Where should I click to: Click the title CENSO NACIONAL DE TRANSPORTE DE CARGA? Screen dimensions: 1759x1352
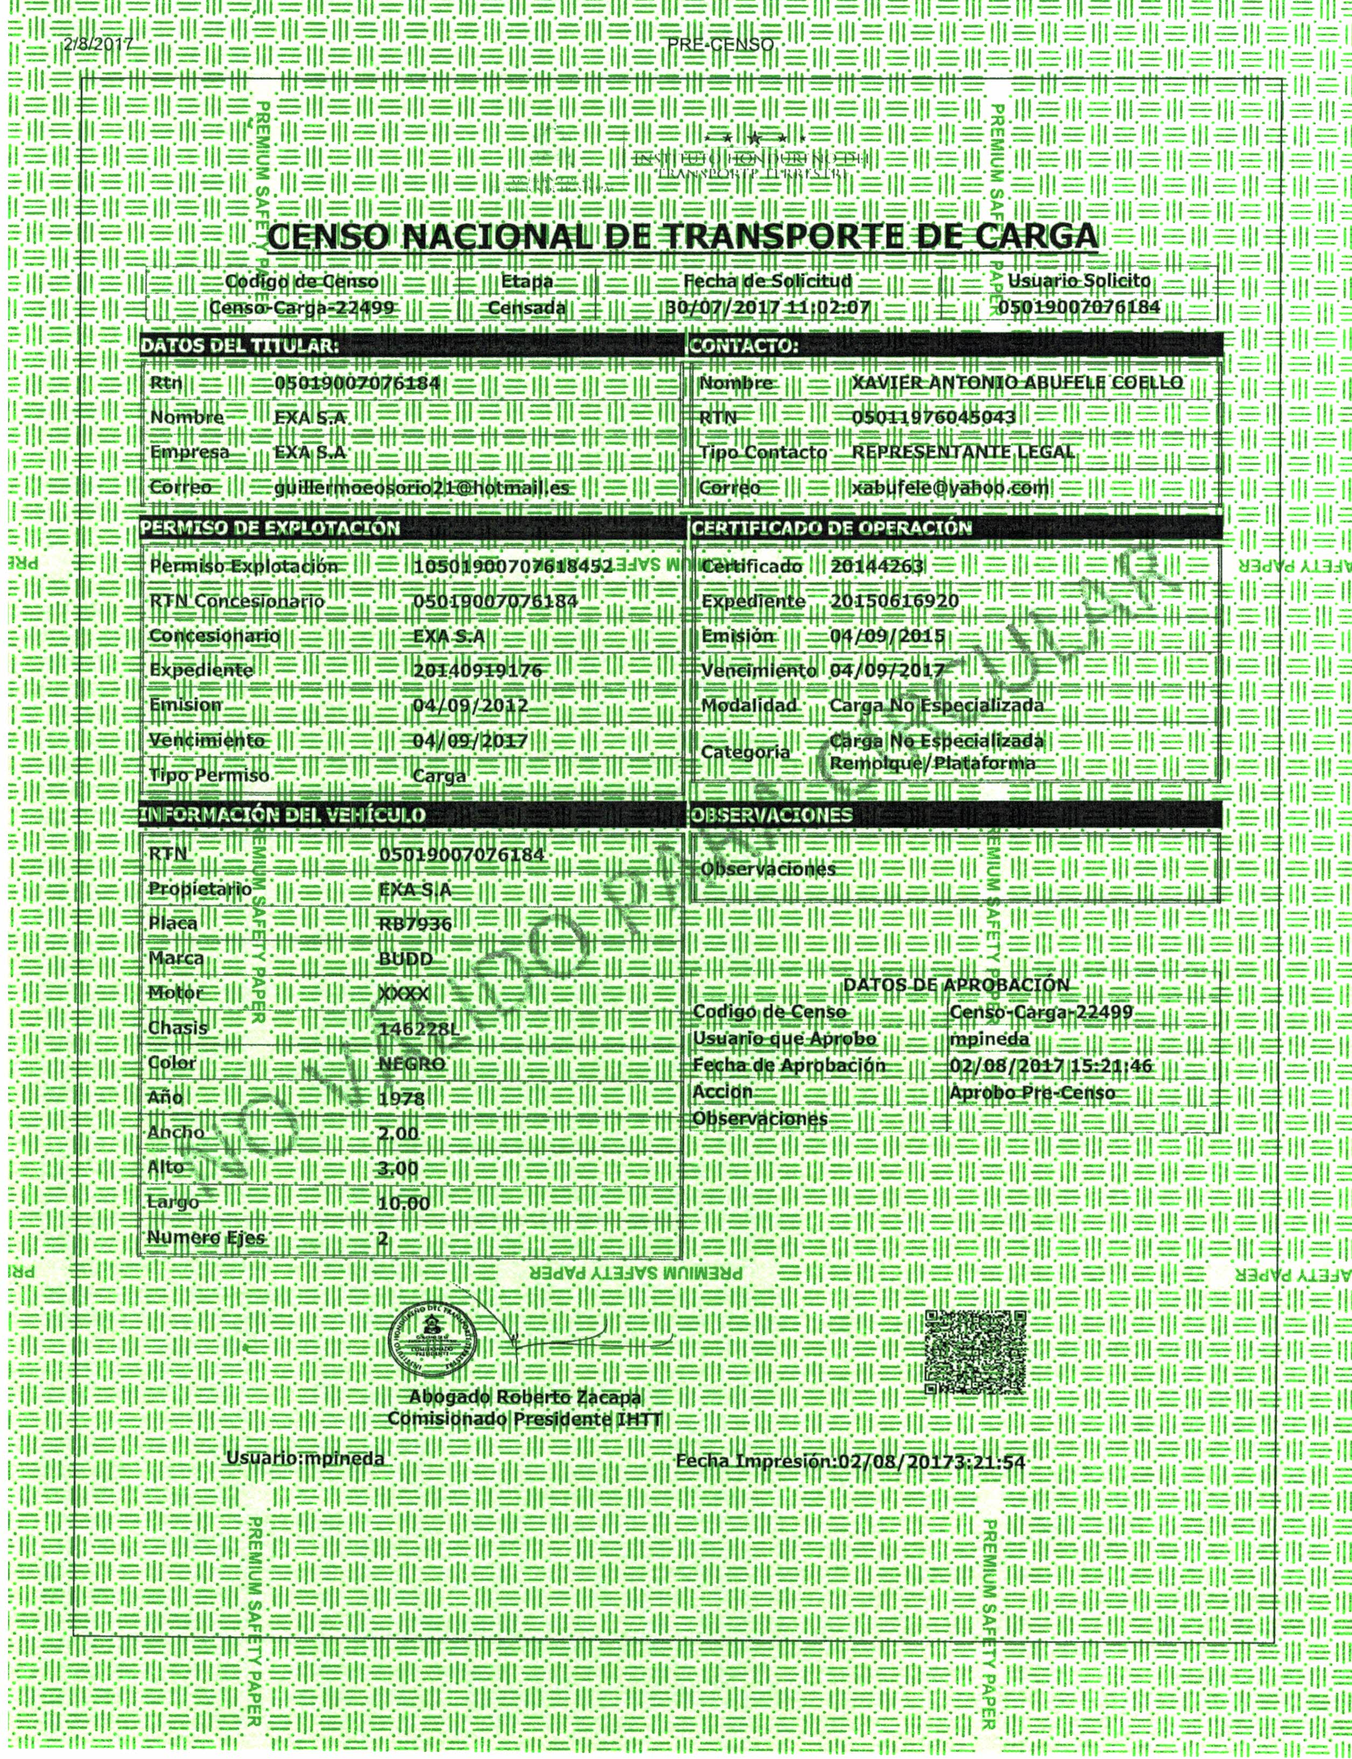click(682, 236)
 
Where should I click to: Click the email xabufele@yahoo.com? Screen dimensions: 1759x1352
click(950, 487)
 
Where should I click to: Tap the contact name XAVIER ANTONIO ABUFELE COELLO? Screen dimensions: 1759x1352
click(1017, 383)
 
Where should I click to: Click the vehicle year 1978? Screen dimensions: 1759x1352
click(401, 1098)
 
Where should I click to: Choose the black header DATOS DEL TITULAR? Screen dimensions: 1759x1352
click(239, 346)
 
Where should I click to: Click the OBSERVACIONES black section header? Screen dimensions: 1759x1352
click(771, 815)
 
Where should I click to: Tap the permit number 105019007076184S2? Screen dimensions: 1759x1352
click(513, 567)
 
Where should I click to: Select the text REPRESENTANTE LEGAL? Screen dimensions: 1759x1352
click(963, 452)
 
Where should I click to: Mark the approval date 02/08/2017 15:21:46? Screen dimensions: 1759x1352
click(1050, 1066)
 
